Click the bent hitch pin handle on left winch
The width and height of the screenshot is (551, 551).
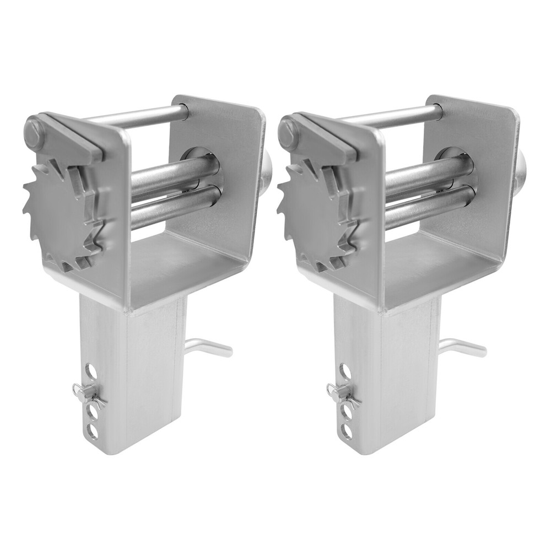point(209,348)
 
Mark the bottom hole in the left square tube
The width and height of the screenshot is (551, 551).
point(93,430)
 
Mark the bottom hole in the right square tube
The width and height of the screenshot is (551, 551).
point(346,430)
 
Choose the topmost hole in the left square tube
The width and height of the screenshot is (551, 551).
point(91,371)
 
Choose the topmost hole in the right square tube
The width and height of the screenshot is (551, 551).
point(345,371)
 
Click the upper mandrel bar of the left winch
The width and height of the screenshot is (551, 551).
point(171,175)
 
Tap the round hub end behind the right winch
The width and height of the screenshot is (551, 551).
point(519,171)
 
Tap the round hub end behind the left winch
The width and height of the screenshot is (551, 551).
point(266,171)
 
